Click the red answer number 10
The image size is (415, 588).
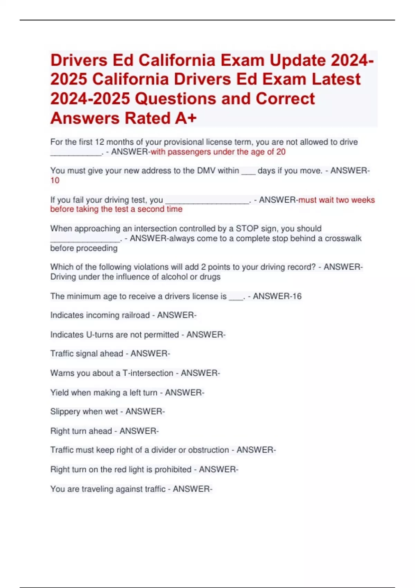pyautogui.click(x=55, y=180)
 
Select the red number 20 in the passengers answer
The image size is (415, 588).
pyautogui.click(x=281, y=151)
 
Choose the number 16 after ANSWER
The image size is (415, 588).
pyautogui.click(x=297, y=296)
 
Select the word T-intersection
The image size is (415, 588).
pyautogui.click(x=148, y=373)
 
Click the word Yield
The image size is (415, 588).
pyautogui.click(x=59, y=393)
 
